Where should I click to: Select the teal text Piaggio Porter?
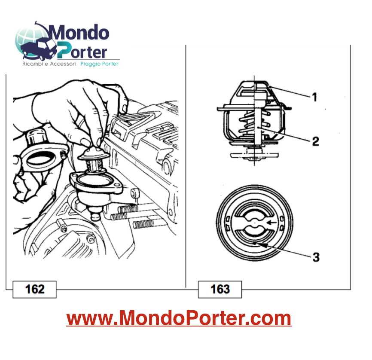pos(100,64)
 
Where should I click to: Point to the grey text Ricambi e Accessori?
pos(49,64)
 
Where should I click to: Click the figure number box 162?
pos(35,289)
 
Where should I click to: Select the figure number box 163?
pos(220,289)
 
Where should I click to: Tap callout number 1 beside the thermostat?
pos(314,97)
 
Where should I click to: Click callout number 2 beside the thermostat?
pos(315,141)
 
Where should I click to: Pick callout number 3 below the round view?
pos(316,257)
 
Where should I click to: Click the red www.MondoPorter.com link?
pos(179,318)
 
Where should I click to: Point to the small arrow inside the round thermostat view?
pos(270,223)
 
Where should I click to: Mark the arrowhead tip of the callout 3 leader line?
pos(256,244)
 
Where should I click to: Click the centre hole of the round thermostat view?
pos(255,223)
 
